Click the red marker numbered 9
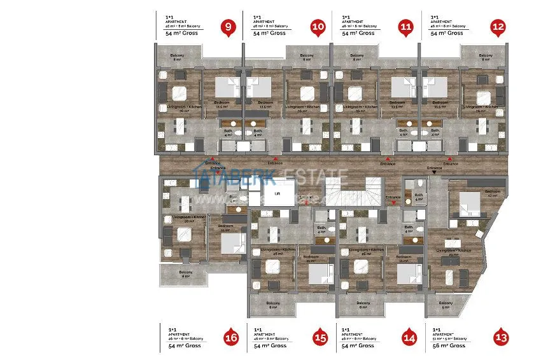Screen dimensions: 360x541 [x=227, y=27]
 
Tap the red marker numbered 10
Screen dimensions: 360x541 [x=318, y=27]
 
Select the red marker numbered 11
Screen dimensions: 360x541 [x=406, y=27]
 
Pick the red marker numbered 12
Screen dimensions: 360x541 [x=498, y=27]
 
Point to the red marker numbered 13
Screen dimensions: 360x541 [x=501, y=337]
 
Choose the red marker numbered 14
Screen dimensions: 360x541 [x=409, y=337]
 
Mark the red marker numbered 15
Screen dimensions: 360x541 [x=320, y=337]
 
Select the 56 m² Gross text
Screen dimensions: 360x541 [x=449, y=345]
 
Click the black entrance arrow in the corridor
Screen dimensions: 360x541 [x=434, y=172]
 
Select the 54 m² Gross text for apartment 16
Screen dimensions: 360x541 [x=183, y=345]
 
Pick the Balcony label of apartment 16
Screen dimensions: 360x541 [x=185, y=273]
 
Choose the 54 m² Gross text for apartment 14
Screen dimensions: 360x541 [x=358, y=345]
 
